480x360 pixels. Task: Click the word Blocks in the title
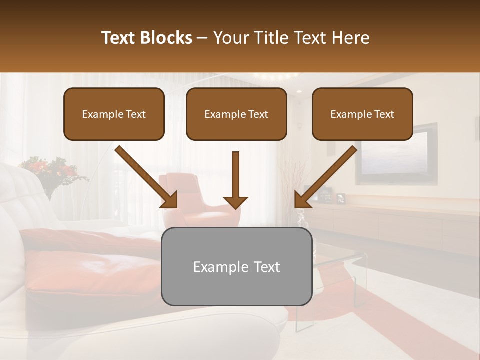pos(167,38)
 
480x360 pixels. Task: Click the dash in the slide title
pos(202,38)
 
